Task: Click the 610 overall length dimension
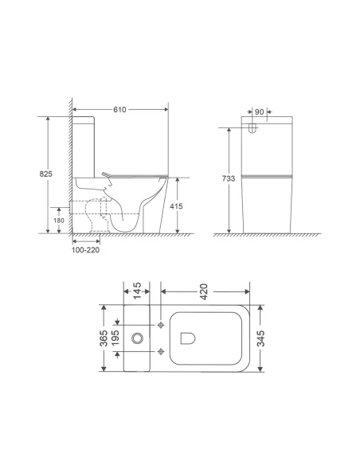120,107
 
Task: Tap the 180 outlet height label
58,221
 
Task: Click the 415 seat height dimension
182,205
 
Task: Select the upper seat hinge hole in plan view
163,326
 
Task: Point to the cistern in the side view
85,146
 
